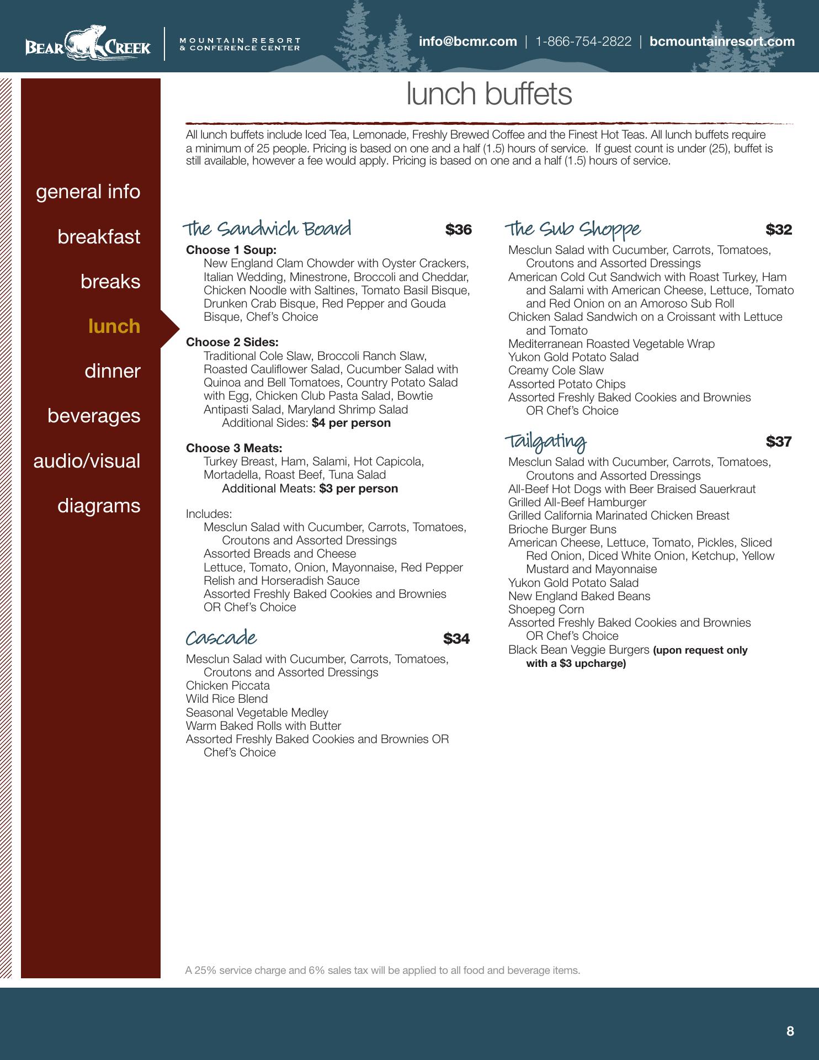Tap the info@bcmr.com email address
pos(467,41)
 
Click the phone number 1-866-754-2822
pos(583,41)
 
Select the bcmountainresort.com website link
pos(722,41)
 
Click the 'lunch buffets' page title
pos(489,94)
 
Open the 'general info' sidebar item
pos(88,192)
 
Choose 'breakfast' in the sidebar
pos(99,237)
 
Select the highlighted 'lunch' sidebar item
pos(114,326)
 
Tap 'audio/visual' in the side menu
pos(87,461)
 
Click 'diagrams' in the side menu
pos(99,506)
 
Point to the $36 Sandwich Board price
pos(459,230)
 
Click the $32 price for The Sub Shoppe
pos(779,230)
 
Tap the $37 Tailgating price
pos(779,442)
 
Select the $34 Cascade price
pos(456,639)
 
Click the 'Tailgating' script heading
pos(546,442)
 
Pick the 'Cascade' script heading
pos(221,638)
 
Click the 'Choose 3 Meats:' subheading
pos(234,448)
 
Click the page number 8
pos(790,1031)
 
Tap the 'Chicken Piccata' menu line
pos(228,686)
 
